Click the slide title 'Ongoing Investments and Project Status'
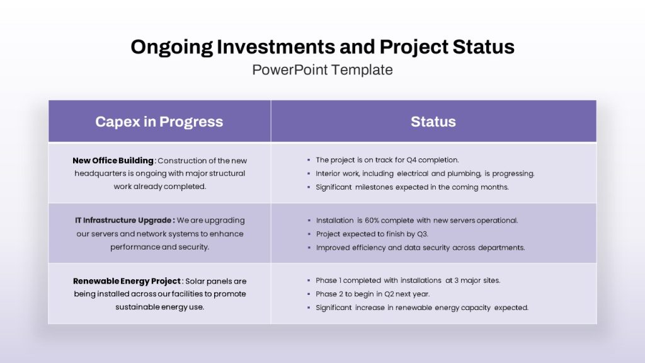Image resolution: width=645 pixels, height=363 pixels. coord(322,47)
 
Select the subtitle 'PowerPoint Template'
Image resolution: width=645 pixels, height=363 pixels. coord(322,70)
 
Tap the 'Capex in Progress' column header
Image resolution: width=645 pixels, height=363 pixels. coord(159,122)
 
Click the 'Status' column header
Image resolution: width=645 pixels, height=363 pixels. coord(433,122)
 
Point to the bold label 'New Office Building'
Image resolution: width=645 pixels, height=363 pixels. coord(113,161)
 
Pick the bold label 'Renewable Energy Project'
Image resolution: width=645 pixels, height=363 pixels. coord(127,281)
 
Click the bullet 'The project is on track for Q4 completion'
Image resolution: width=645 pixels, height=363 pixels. coord(387,160)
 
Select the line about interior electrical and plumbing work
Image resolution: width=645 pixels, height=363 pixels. coord(425,174)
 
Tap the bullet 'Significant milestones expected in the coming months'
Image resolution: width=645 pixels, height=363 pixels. coord(412,187)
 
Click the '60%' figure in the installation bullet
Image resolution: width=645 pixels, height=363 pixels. coord(372,221)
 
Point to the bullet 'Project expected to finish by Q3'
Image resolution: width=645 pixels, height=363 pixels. coord(372,234)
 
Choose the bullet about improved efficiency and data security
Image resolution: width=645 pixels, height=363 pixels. coord(420,248)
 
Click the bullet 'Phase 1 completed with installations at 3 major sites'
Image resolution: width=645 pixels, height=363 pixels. coord(408,280)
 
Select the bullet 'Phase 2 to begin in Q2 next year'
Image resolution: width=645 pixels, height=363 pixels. coord(373,294)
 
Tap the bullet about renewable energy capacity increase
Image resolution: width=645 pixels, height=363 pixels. coord(422,308)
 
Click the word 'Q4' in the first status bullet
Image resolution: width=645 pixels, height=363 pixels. coord(411,160)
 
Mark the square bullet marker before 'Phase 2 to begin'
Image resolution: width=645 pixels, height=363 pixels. coord(309,294)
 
